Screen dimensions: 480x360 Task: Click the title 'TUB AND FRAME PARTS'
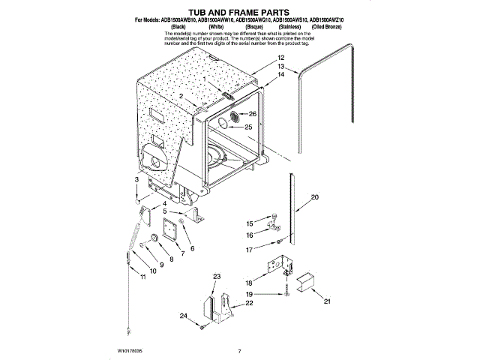(x=239, y=13)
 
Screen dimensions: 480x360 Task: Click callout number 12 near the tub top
(x=280, y=58)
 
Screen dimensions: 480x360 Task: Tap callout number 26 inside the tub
(x=253, y=114)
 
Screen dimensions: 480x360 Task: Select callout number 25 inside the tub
(x=248, y=127)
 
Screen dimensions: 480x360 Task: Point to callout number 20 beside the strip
(x=314, y=196)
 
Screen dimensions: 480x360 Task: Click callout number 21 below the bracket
(x=325, y=301)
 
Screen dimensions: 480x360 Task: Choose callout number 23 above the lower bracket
(x=217, y=277)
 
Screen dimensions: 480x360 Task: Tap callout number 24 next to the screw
(x=182, y=316)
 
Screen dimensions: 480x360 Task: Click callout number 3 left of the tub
(x=136, y=180)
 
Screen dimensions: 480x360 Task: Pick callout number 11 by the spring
(x=143, y=277)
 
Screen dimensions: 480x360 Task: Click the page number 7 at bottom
(x=238, y=350)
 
